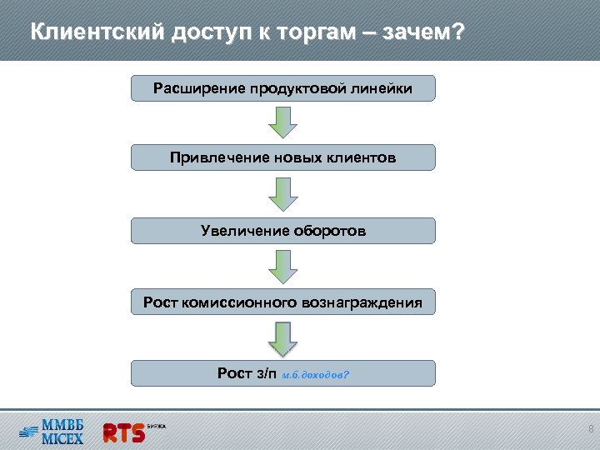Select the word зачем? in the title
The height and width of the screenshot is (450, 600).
pyautogui.click(x=422, y=32)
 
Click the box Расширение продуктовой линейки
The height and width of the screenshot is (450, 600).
pyautogui.click(x=282, y=88)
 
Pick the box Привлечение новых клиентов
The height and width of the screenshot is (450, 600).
pyautogui.click(x=282, y=157)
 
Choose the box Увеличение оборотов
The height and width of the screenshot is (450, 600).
pyautogui.click(x=282, y=231)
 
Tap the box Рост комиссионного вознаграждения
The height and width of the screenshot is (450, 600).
pyautogui.click(x=282, y=302)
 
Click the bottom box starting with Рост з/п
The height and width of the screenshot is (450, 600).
pyautogui.click(x=282, y=373)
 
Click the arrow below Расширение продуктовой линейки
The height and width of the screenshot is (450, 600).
pyautogui.click(x=282, y=122)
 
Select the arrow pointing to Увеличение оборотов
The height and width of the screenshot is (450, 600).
pyautogui.click(x=282, y=194)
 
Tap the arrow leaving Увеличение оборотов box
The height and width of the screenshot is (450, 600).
pyautogui.click(x=282, y=267)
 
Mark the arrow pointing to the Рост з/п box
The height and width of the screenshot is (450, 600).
pyautogui.click(x=282, y=338)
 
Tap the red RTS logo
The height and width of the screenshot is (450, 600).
pyautogui.click(x=123, y=432)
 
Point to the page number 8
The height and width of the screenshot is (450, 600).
pyautogui.click(x=590, y=429)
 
